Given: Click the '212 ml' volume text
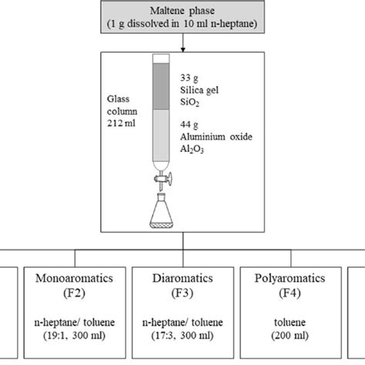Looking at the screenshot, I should tap(123, 122).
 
